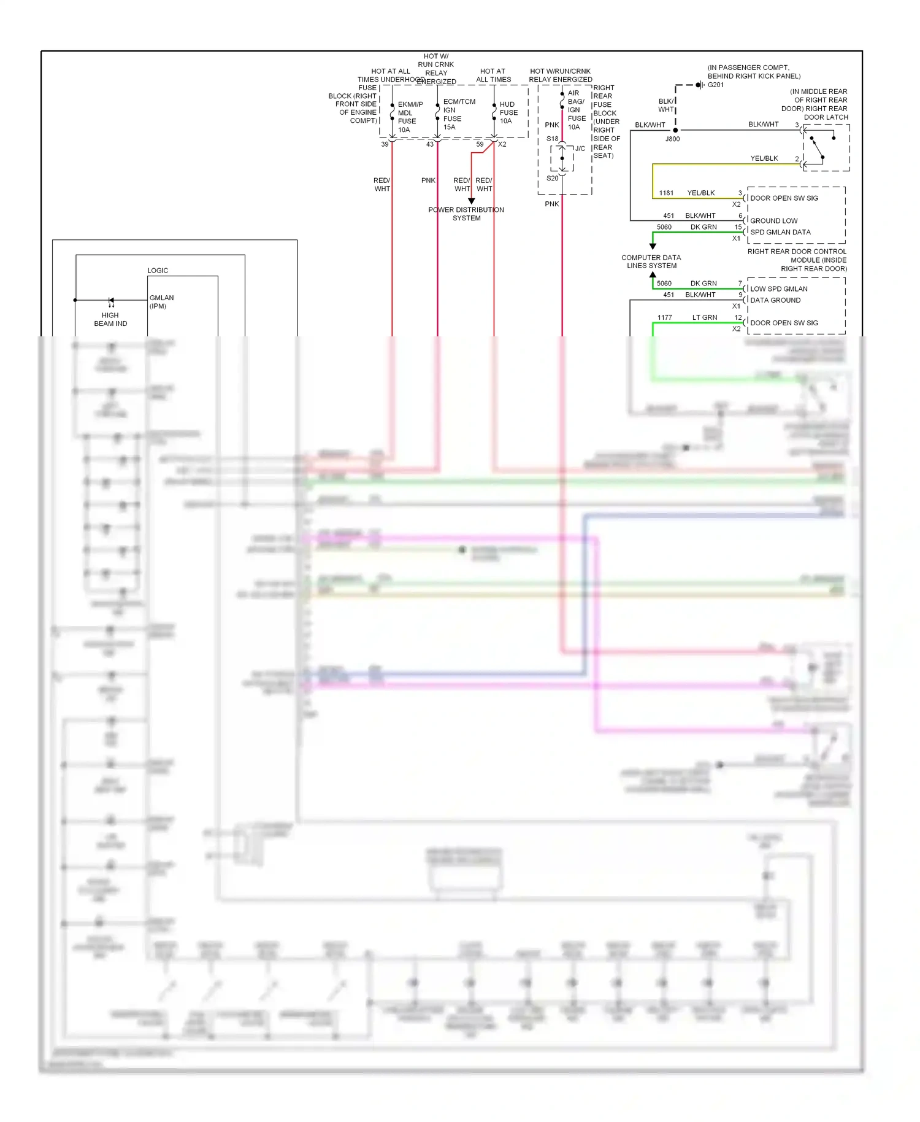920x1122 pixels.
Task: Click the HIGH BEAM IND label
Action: click(x=110, y=319)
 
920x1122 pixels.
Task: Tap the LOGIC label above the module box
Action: click(x=158, y=271)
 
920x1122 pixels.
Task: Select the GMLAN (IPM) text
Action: click(x=161, y=302)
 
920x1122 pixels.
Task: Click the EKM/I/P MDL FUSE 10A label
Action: click(x=409, y=117)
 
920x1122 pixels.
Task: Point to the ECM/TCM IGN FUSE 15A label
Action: click(x=458, y=114)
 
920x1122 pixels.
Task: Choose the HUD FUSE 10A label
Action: click(x=508, y=113)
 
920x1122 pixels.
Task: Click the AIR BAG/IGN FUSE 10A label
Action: click(x=576, y=110)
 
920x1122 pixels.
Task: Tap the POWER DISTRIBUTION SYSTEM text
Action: click(x=466, y=214)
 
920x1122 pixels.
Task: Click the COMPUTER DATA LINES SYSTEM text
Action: click(x=651, y=261)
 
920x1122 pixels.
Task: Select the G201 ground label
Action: click(x=716, y=85)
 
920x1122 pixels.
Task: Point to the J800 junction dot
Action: click(x=675, y=130)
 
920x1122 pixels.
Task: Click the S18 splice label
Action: click(x=552, y=139)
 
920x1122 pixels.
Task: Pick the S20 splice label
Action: click(x=552, y=179)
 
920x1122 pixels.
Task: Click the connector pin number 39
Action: click(x=385, y=144)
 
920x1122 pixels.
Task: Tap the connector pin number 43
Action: click(x=430, y=144)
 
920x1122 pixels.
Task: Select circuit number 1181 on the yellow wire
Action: click(x=666, y=193)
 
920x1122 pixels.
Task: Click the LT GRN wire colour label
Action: click(x=705, y=317)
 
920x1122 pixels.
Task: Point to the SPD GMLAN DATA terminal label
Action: click(x=780, y=232)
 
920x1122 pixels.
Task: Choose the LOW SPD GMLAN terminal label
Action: click(x=779, y=288)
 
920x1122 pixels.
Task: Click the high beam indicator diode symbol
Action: click(x=111, y=300)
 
